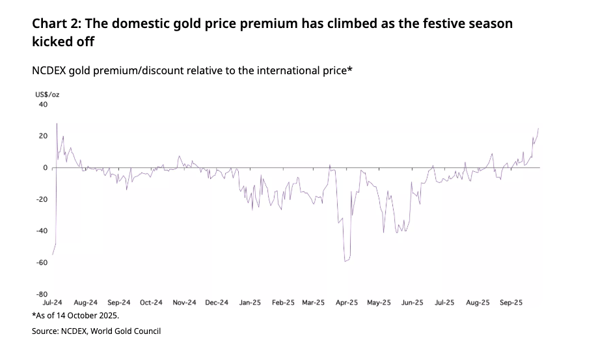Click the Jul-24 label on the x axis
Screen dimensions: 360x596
(52, 303)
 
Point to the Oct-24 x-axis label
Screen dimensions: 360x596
(151, 303)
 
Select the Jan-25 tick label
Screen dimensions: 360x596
(250, 303)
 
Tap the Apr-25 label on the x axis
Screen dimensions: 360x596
(347, 303)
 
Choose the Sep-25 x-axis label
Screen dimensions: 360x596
(511, 303)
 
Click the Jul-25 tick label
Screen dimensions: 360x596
(444, 303)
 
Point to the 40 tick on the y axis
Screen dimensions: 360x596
(44, 104)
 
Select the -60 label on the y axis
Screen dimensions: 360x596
(42, 262)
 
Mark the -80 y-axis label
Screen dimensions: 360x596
(42, 294)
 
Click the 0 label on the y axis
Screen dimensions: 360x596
(46, 167)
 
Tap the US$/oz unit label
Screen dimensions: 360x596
(47, 95)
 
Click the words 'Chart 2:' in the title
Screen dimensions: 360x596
(57, 24)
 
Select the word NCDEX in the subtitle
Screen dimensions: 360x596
(50, 70)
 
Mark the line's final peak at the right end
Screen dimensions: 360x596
(539, 129)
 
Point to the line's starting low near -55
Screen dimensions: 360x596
(53, 255)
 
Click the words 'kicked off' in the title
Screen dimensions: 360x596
(63, 42)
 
